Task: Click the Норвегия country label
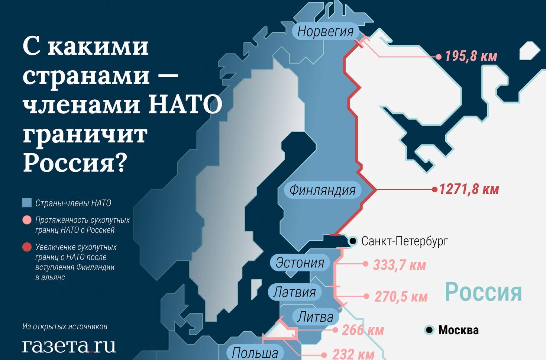click(x=325, y=32)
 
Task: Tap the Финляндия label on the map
click(x=322, y=190)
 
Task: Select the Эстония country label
click(x=300, y=263)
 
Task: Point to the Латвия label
click(x=294, y=292)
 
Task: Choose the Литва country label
click(x=315, y=317)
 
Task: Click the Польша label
click(x=255, y=353)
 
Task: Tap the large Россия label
click(x=483, y=292)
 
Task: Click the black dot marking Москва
click(x=429, y=330)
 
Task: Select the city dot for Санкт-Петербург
click(x=353, y=241)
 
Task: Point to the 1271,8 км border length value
click(x=469, y=189)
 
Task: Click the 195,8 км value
click(x=471, y=56)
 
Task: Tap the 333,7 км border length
click(x=400, y=265)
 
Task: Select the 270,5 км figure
click(x=401, y=297)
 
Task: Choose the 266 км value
click(x=363, y=330)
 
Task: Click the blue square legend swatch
click(x=27, y=203)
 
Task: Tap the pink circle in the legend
click(x=27, y=220)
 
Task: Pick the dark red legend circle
click(x=27, y=247)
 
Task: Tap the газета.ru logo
click(x=69, y=345)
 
